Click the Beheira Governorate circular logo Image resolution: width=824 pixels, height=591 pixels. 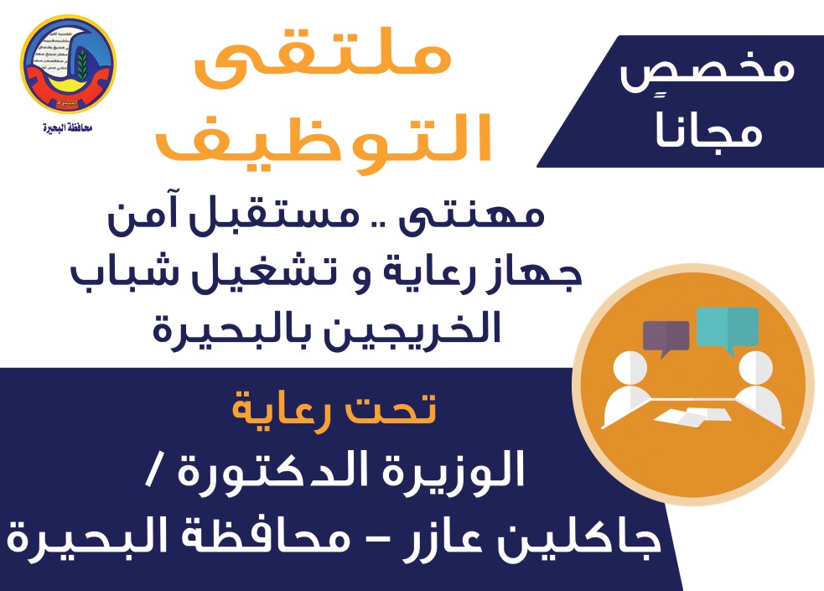point(68,64)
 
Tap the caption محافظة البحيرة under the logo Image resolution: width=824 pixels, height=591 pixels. point(68,127)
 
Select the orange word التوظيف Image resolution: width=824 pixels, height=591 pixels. point(324,137)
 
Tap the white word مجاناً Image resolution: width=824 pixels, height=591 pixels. point(708,129)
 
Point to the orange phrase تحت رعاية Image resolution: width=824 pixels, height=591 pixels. point(334,410)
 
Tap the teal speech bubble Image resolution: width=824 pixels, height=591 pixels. point(728,329)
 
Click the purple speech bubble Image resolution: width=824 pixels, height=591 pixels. point(666,338)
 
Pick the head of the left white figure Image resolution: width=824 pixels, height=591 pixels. point(630,367)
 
